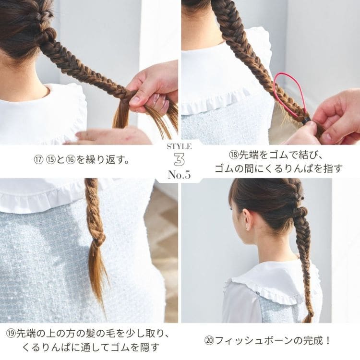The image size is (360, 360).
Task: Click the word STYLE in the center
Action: pyautogui.click(x=180, y=147)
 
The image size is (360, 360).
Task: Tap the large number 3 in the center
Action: pyautogui.click(x=180, y=159)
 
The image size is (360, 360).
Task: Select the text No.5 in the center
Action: pyautogui.click(x=180, y=175)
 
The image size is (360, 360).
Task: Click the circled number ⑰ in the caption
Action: pyautogui.click(x=37, y=160)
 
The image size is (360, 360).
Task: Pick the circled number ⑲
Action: pyautogui.click(x=11, y=334)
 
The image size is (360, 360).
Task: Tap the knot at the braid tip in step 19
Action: pyautogui.click(x=99, y=239)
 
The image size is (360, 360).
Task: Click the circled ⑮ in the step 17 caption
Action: pyautogui.click(x=50, y=160)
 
